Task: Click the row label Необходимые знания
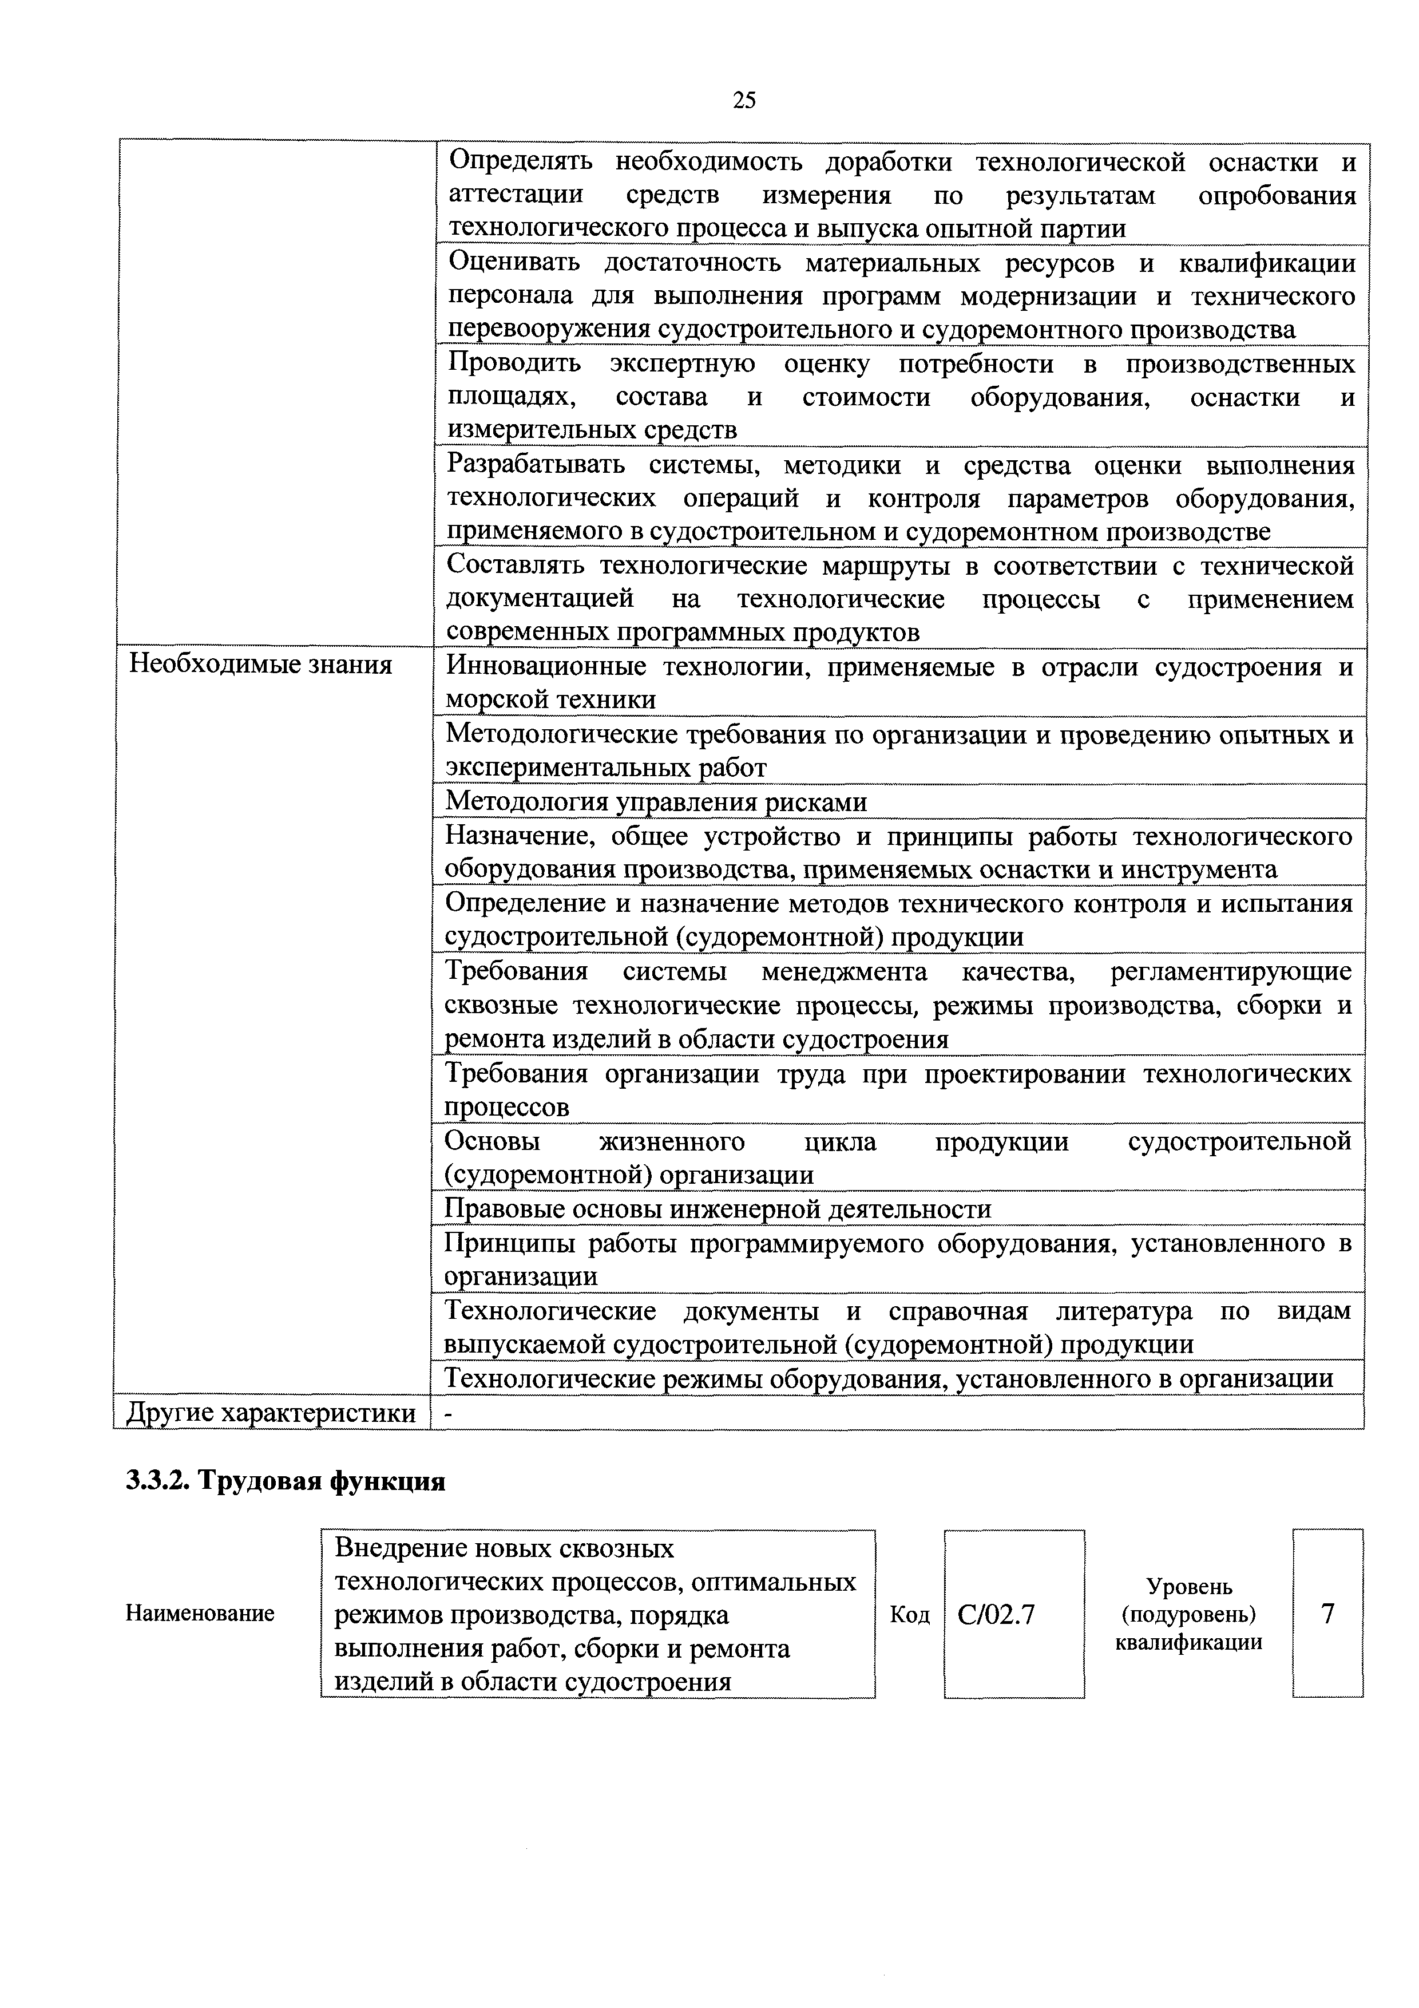tap(260, 666)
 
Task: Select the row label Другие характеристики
tap(271, 1413)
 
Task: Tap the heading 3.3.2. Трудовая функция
tap(285, 1481)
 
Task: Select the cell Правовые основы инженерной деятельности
tap(718, 1209)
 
